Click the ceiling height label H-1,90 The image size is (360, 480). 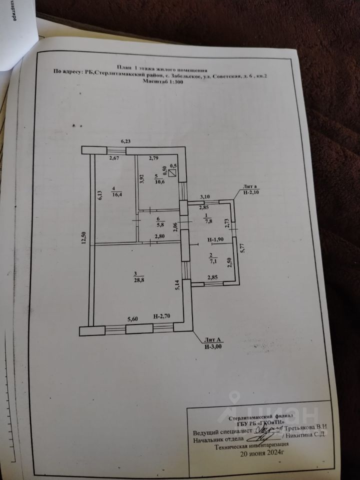(x=216, y=239)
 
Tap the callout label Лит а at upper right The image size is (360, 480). (x=247, y=185)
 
